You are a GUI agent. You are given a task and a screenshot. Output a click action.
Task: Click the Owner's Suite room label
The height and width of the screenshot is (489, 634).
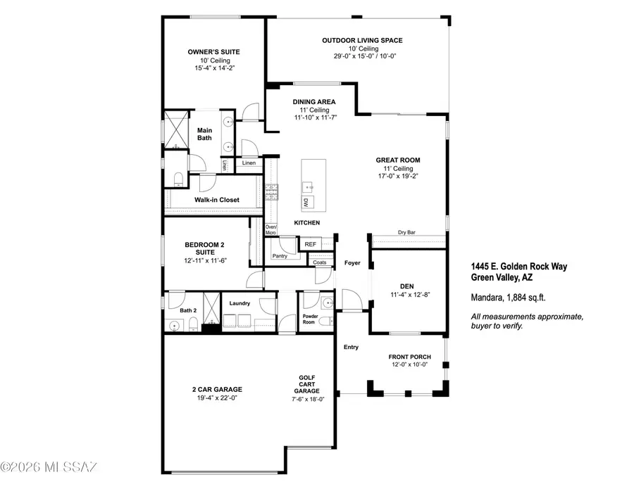[x=213, y=52]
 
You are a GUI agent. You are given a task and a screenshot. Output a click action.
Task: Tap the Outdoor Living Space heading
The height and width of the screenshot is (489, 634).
[x=362, y=40]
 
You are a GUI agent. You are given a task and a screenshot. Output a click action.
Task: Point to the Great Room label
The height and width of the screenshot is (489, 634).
[x=397, y=160]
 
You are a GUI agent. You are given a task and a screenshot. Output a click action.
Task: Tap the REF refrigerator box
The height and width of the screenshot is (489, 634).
[x=309, y=244]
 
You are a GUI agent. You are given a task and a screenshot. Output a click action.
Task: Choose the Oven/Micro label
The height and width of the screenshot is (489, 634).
[x=271, y=229]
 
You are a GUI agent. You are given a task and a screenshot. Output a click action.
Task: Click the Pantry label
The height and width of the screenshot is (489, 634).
[x=280, y=256]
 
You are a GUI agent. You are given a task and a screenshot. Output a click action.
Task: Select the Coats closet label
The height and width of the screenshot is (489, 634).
[x=319, y=262]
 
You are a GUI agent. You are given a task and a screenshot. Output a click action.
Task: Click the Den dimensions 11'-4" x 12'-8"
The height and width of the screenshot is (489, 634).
[x=406, y=295]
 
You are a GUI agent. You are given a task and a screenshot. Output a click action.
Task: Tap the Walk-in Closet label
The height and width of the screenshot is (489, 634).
[x=217, y=200]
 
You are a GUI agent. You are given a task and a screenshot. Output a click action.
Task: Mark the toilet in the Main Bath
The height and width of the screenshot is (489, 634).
[x=178, y=177]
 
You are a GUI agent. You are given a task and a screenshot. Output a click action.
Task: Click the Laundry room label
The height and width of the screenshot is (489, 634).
[x=240, y=303]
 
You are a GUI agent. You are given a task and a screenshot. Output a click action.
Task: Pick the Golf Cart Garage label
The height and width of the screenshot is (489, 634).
[x=306, y=384]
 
